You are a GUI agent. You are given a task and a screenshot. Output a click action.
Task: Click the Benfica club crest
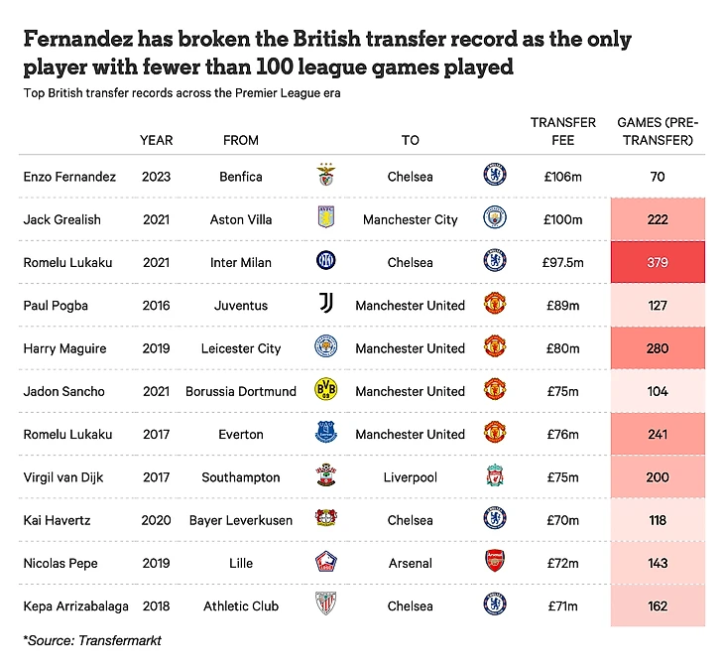326,177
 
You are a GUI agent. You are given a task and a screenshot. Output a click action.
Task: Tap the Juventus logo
326,305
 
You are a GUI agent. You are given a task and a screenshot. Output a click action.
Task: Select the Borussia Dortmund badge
326,391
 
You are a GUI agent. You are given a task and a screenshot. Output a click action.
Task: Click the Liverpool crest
493,477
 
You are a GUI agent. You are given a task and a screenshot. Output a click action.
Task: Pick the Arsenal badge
493,563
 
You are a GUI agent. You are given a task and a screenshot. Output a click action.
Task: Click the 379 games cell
657,262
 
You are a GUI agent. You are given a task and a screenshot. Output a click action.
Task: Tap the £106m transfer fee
562,177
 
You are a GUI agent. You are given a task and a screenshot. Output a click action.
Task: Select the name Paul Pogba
56,305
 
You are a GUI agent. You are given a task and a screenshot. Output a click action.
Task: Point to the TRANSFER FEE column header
562,131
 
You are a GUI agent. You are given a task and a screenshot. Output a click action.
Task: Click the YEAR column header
156,140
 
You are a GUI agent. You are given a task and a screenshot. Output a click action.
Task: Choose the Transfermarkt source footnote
92,640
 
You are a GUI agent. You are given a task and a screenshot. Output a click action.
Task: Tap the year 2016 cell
156,305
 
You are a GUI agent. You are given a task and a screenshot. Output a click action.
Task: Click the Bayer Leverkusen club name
241,520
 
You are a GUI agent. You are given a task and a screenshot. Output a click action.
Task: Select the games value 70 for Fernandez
657,177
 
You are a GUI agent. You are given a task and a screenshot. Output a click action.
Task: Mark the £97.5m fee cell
562,262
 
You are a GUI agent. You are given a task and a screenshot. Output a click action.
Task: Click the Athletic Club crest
326,605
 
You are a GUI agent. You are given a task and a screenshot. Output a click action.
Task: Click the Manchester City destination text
411,219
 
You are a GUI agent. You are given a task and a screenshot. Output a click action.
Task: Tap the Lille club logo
326,563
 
